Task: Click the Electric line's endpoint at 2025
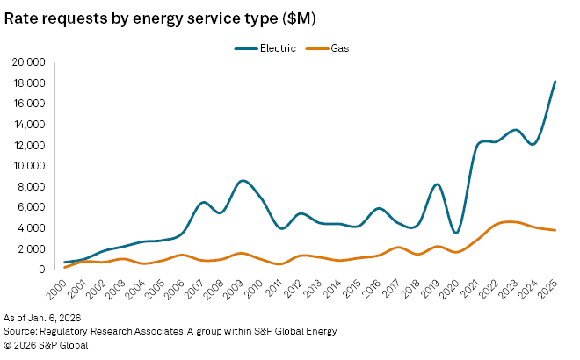click(555, 82)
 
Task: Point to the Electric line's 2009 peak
click(243, 181)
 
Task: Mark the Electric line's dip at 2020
click(456, 233)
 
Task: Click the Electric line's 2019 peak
click(437, 184)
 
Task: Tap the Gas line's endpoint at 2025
click(555, 230)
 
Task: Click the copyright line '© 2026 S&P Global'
click(46, 344)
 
